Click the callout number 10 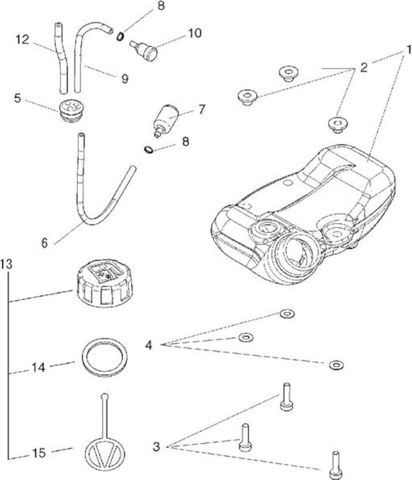(195, 33)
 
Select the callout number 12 (22, 39)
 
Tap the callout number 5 (17, 98)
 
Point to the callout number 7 (202, 109)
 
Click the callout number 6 (45, 243)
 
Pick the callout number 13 (7, 263)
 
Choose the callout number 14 (39, 367)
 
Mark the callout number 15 (39, 453)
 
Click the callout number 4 (149, 345)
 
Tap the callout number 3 (157, 446)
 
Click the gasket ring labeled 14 (105, 357)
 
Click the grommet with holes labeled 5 (71, 111)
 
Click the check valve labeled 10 (143, 50)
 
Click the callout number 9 (125, 79)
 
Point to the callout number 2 (364, 67)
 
